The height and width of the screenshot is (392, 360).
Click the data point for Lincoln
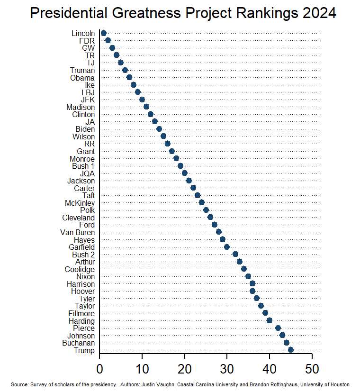[x=104, y=33]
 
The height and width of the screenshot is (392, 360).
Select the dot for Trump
[x=291, y=350]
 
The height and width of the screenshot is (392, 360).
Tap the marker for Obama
[x=129, y=77]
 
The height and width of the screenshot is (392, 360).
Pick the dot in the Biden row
[x=159, y=129]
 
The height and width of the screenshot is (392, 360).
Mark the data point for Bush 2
[x=235, y=254]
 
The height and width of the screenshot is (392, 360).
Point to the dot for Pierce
[x=278, y=328]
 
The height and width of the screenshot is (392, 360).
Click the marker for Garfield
[x=227, y=247]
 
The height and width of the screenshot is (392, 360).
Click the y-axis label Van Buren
[x=77, y=232]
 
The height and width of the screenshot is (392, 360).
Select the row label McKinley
[x=80, y=203]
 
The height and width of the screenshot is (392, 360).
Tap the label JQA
[x=87, y=173]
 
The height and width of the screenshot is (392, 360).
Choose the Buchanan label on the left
[x=78, y=343]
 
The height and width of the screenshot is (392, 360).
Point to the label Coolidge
[x=80, y=269]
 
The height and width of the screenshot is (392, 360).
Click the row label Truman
[x=82, y=70]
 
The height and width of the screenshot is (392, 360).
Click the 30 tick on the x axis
[x=227, y=368]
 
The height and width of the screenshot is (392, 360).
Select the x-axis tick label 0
[x=99, y=368]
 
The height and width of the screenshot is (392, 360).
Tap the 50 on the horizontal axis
[x=312, y=368]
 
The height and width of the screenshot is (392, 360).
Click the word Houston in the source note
[x=339, y=384]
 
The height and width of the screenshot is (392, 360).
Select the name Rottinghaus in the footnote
[x=278, y=384]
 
